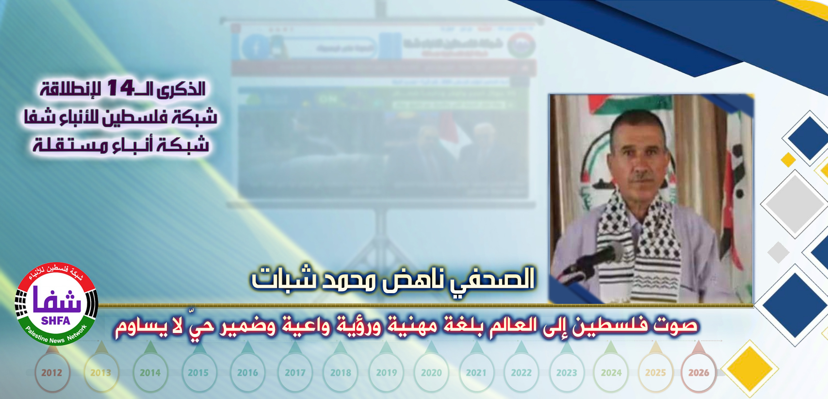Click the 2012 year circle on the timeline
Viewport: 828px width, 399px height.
[51, 373]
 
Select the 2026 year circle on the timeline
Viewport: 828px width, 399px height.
[698, 373]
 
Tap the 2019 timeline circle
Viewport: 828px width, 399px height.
[386, 373]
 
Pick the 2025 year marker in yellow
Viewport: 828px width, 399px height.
[655, 373]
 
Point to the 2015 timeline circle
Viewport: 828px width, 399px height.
[198, 373]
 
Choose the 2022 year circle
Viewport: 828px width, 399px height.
[521, 373]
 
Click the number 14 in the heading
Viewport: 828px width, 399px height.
[120, 88]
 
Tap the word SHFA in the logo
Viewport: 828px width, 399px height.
[56, 321]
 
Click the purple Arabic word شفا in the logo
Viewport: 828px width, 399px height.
[56, 301]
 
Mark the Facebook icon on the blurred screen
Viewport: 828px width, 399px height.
[256, 47]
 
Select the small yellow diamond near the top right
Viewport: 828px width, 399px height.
[788, 159]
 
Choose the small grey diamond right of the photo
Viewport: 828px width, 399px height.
[779, 252]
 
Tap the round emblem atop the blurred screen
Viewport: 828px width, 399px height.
[520, 45]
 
